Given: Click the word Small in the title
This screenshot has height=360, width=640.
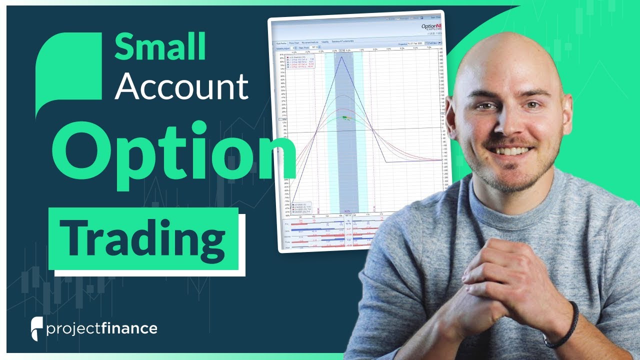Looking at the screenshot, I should tap(160, 47).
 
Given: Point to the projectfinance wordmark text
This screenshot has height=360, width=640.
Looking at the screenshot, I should tap(102, 328).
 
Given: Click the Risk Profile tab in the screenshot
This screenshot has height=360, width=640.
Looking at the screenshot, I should tap(280, 43).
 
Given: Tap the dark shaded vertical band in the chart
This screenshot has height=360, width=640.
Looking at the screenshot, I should tap(345, 150).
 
